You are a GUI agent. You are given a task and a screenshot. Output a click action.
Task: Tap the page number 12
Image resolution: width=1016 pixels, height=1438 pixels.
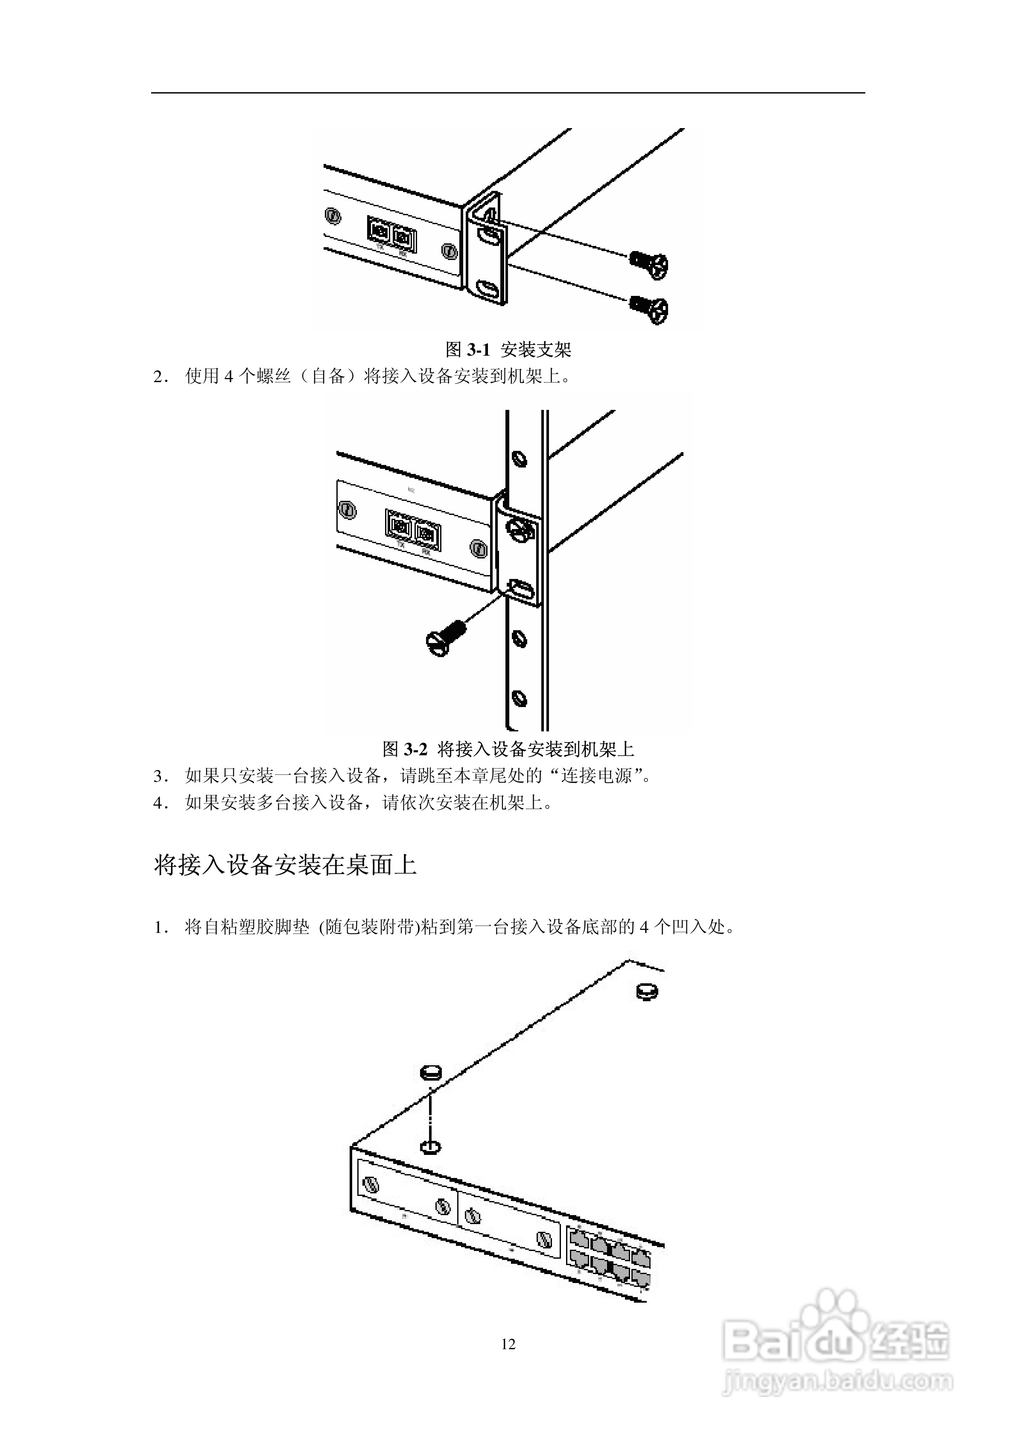508,1344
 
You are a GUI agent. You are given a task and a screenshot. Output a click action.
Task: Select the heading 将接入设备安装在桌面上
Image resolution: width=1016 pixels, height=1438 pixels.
285,865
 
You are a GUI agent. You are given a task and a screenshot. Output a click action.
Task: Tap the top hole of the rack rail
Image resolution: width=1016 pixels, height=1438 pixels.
519,458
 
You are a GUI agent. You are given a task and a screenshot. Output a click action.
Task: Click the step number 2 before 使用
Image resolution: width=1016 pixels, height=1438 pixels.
158,377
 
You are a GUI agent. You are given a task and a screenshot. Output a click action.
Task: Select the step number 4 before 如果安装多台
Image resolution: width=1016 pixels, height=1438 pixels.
158,803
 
